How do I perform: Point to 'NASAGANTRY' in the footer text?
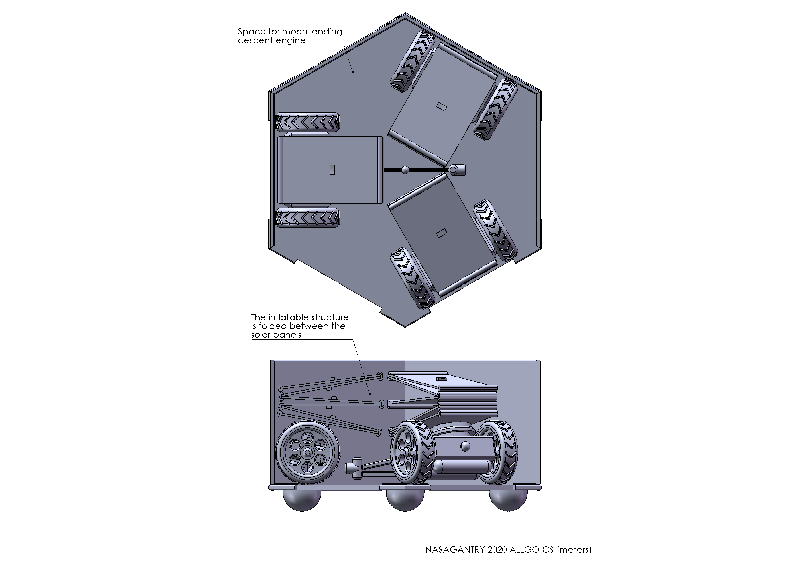455,549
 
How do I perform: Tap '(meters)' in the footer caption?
574,550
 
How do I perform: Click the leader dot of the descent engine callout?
353,72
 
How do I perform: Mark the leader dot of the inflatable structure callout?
370,394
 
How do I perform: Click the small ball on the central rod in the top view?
405,170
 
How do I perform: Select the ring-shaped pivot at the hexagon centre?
453,170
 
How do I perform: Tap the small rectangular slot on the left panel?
332,170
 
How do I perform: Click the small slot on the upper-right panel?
442,107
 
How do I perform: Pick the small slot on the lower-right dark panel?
442,233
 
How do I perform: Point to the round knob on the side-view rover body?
465,446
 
